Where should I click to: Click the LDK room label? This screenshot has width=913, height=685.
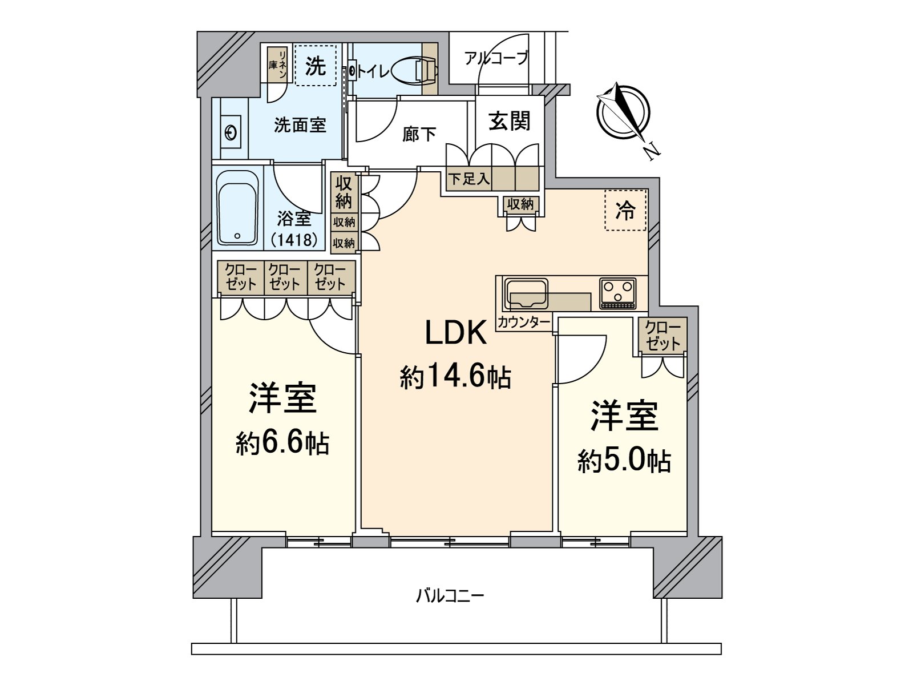[456, 333]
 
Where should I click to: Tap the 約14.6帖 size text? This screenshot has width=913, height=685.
[455, 377]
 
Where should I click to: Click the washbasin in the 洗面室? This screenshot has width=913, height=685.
[231, 133]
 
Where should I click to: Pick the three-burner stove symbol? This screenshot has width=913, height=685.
[617, 293]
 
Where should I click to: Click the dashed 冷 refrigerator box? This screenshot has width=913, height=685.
[625, 211]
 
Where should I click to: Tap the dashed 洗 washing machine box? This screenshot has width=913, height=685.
[316, 66]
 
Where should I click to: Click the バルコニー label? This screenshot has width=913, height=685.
[450, 597]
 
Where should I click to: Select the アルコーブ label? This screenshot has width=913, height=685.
[496, 58]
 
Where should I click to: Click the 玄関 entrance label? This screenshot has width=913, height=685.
[509, 120]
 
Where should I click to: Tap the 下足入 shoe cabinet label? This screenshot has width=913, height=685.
[468, 179]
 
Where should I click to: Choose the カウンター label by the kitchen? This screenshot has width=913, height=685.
[523, 322]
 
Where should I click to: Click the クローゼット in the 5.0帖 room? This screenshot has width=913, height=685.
[662, 336]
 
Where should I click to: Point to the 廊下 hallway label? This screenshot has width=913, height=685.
[419, 135]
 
